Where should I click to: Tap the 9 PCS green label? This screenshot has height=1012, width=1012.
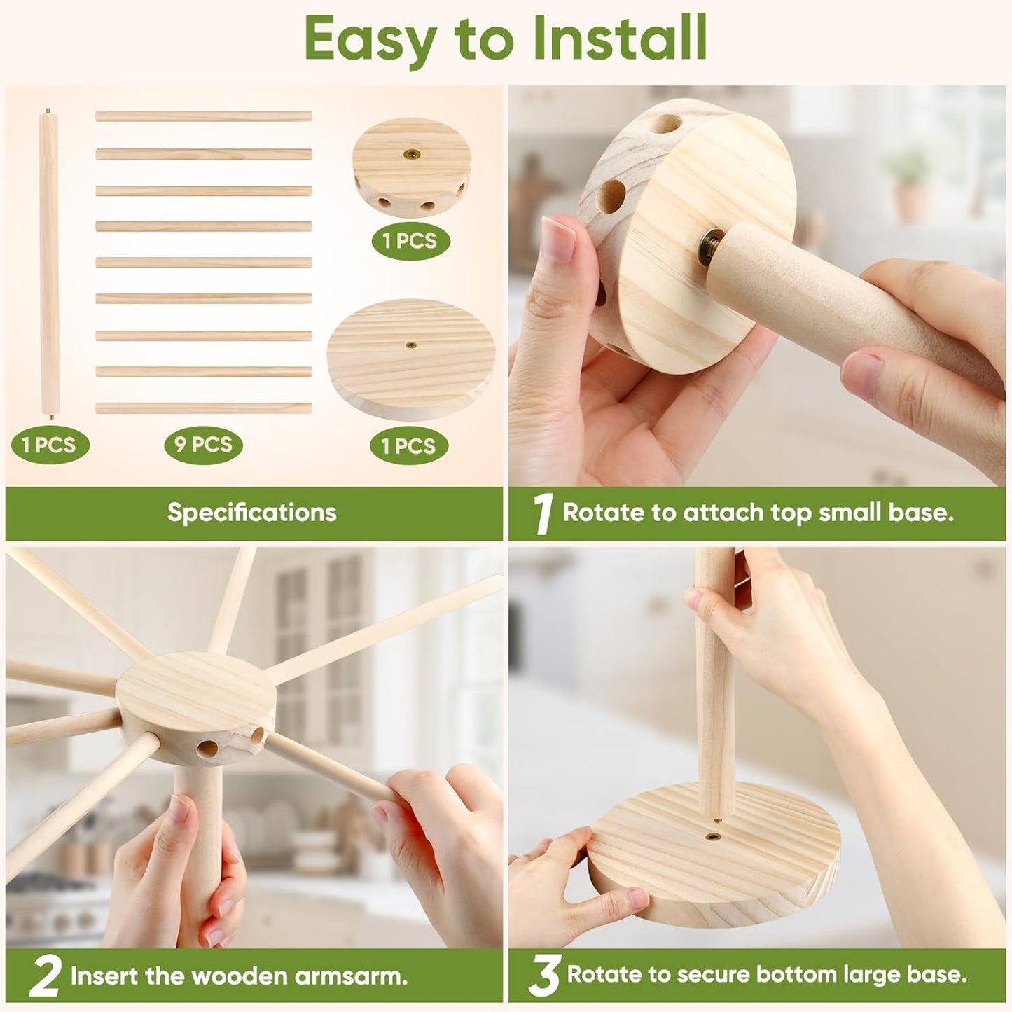pos(203,445)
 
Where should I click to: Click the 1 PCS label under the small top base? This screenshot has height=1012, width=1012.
pos(410,241)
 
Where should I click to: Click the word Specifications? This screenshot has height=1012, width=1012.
pos(252,513)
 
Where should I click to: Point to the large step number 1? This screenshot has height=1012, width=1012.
pos(543,513)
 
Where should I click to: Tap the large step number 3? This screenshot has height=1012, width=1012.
pos(544,976)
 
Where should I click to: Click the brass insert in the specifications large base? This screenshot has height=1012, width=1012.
pos(412,345)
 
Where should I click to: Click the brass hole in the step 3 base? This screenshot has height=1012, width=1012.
pos(714,836)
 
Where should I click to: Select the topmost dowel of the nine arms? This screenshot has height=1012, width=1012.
pos(203,116)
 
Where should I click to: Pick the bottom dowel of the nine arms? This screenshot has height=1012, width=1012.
pos(203,408)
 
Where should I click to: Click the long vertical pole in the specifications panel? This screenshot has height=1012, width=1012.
pos(48,263)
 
